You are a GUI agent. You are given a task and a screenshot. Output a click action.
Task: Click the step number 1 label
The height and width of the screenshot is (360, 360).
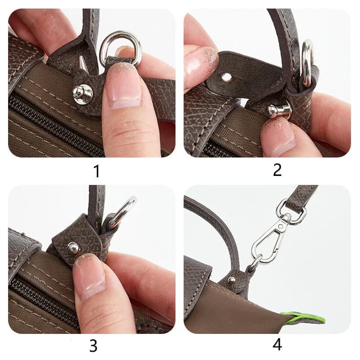[x=97, y=171]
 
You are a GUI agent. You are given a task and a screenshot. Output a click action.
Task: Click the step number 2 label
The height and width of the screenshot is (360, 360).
[x=277, y=170]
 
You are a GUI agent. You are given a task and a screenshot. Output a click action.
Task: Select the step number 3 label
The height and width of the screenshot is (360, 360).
[x=93, y=346]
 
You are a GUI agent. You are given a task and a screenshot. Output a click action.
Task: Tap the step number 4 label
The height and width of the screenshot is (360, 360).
[x=277, y=345]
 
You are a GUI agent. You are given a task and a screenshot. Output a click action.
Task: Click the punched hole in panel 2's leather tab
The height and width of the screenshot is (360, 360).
[x=227, y=77]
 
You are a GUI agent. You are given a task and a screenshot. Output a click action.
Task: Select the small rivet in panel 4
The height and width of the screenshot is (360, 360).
[x=232, y=279]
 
